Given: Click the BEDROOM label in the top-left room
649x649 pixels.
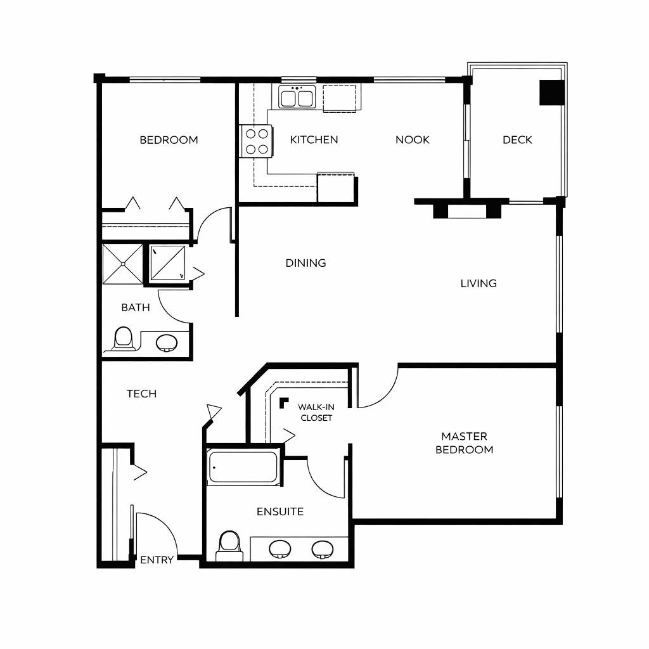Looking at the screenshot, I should point(169,140).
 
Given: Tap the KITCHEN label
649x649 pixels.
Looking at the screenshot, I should point(314,139).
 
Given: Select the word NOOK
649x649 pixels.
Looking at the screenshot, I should point(412,139).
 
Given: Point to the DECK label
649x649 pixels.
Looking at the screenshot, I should point(517,140).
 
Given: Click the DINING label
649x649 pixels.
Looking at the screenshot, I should point(305,262).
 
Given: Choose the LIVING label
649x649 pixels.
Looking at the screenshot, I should point(479,283).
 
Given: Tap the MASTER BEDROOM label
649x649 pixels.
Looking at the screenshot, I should point(464,443).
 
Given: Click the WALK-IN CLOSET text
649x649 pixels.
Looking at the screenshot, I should point(316,412).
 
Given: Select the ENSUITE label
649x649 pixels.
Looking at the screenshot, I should point(280,511).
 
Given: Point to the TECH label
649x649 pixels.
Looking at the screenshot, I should point(141,394).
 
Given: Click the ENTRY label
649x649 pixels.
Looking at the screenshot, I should point(157,560).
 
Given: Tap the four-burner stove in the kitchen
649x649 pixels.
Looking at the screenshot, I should point(256,141).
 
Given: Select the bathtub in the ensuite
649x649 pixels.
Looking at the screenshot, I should point(243,468).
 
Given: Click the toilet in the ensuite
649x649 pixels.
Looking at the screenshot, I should point(229,545).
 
